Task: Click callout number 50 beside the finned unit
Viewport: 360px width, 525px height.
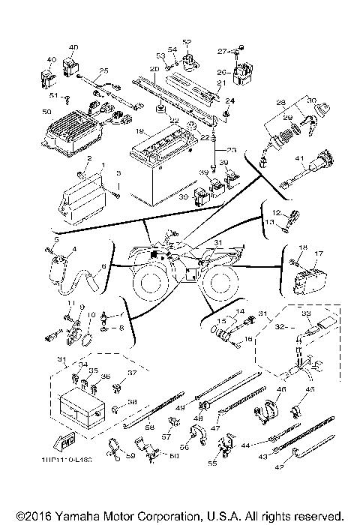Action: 46,112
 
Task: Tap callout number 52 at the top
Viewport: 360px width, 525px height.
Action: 187,42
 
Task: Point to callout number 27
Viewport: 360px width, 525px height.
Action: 222,51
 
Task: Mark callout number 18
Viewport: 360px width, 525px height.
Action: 303,247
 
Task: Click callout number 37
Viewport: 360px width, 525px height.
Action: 131,373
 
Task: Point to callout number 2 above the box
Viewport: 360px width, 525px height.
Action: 88,159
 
